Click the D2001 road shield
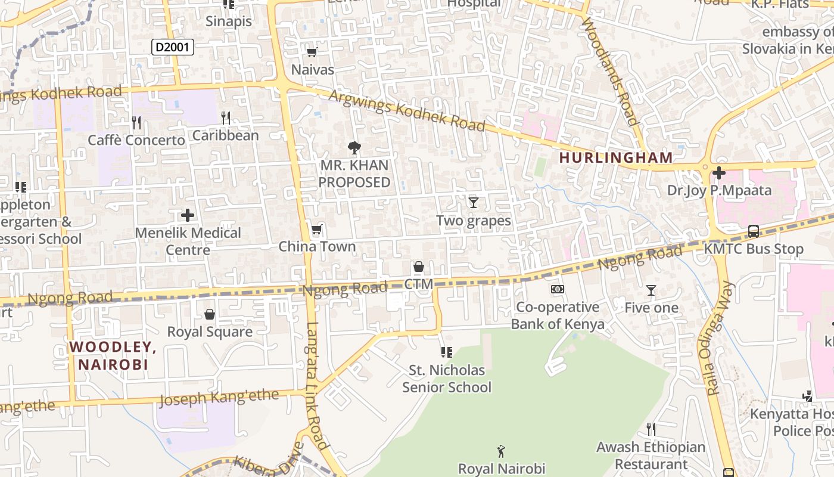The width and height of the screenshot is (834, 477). tap(173, 47)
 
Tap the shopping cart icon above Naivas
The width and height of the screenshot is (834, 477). tap(312, 52)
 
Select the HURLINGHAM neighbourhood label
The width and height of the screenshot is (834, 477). tap(616, 158)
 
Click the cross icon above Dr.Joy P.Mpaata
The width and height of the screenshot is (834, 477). tap(719, 173)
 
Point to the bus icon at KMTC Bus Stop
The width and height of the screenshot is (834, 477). tap(753, 231)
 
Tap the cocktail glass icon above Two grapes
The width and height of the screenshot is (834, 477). tap(473, 203)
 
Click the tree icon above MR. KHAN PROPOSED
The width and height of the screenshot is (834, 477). tap(354, 148)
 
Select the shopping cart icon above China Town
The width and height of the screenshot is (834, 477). tap(316, 230)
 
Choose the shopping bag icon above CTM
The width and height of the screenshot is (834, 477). tap(418, 267)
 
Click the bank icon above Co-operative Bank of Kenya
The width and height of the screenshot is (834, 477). tap(558, 290)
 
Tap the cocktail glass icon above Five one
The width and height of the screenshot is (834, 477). tap(651, 290)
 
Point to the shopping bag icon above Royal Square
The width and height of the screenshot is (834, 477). tap(210, 314)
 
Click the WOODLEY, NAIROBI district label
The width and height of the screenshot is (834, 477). tap(113, 355)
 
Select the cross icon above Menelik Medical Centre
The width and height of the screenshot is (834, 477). tap(188, 215)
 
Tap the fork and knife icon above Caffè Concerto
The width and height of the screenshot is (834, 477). tap(136, 123)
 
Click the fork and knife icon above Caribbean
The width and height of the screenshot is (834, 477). tap(225, 118)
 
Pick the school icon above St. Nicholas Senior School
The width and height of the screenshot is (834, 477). tap(446, 352)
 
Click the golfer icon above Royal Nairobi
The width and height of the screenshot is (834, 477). tap(501, 451)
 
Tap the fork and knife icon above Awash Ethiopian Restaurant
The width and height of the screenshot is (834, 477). tap(651, 429)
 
